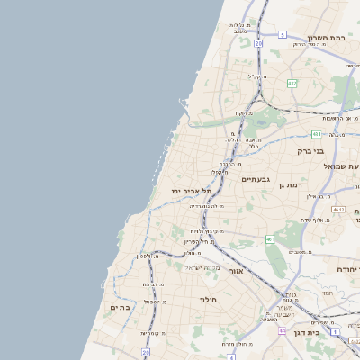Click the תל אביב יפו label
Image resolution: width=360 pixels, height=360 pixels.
tap(190, 192)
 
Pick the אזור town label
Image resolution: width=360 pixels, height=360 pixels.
tap(237, 270)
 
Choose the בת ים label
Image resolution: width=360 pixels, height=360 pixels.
tap(120, 308)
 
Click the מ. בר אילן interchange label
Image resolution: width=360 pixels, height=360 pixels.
tap(321, 196)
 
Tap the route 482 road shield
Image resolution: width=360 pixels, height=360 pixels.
tap(292, 83)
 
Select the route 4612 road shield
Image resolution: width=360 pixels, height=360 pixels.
tap(338, 209)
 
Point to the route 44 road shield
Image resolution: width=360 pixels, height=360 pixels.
tap(283, 330)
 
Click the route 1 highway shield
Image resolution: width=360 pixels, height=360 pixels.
tap(336, 331)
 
